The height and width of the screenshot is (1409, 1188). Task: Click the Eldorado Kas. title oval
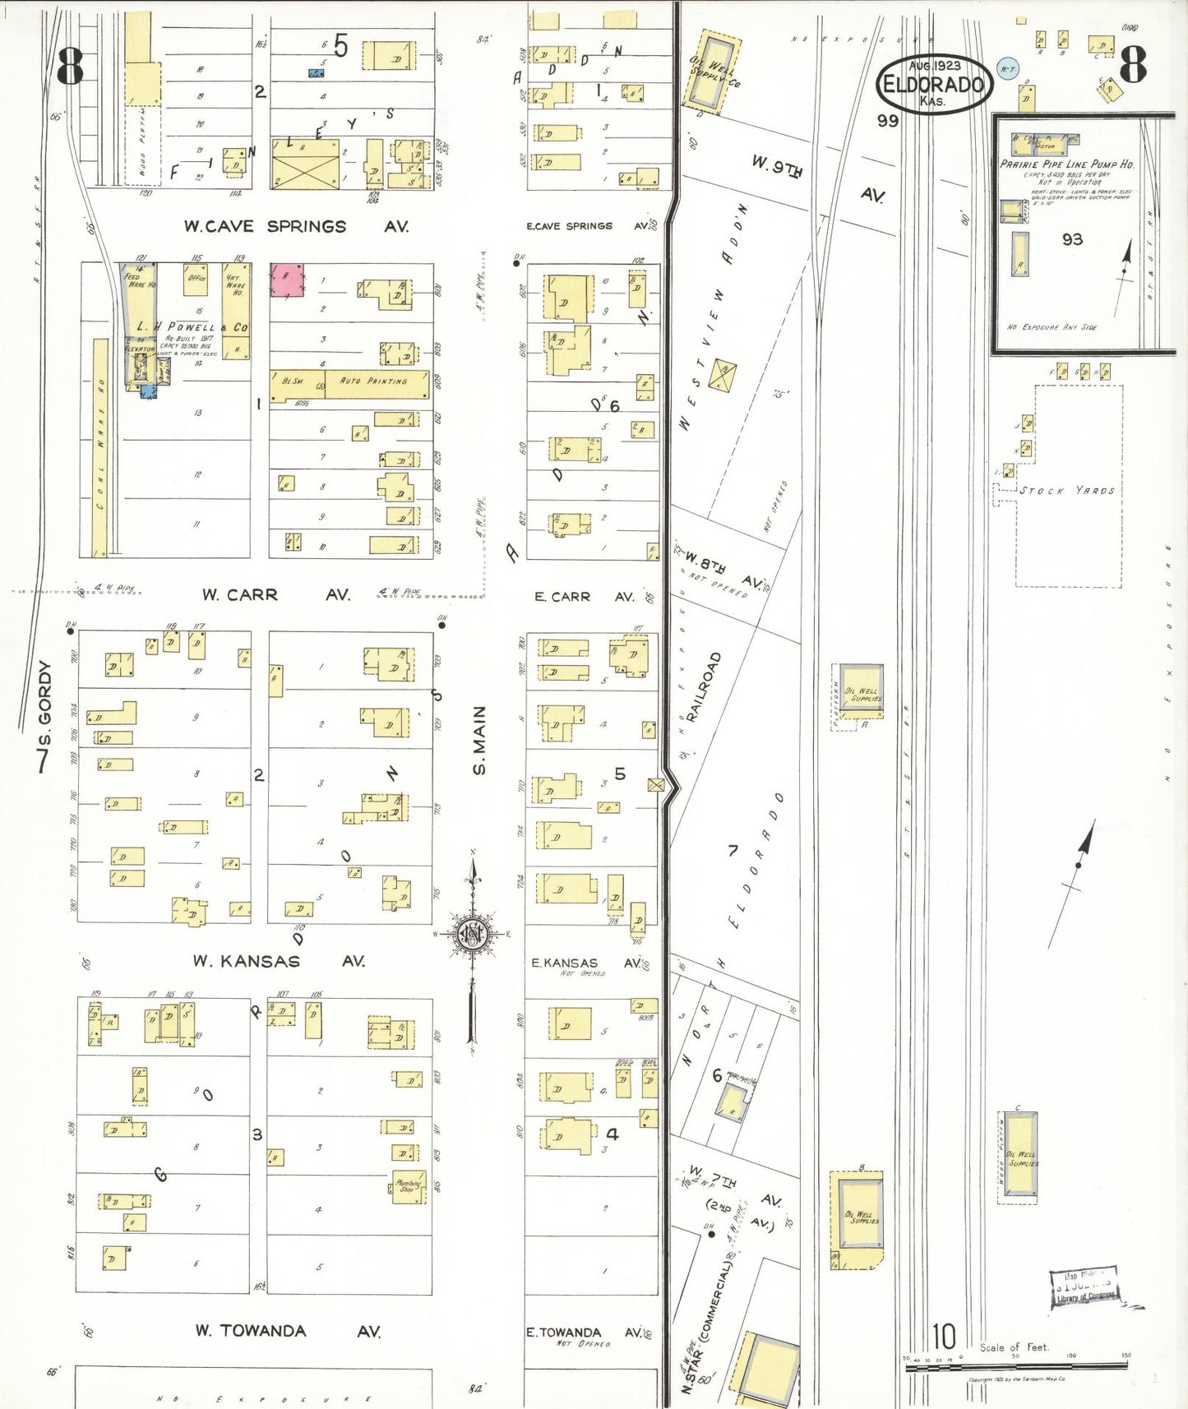click(933, 84)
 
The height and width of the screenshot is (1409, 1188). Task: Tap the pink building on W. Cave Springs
click(287, 280)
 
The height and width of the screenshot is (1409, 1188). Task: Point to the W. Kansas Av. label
click(279, 961)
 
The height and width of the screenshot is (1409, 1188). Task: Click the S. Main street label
click(479, 740)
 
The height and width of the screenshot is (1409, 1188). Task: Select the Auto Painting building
click(376, 382)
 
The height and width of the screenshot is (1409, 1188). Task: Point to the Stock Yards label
click(1067, 491)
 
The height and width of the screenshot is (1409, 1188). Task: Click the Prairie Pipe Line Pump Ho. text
click(1066, 164)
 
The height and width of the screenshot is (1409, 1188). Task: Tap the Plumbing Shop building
click(409, 1187)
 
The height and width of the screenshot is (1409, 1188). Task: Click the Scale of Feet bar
click(1015, 1367)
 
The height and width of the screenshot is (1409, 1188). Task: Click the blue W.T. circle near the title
click(1007, 70)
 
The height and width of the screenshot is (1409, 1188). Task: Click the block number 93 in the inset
click(1072, 239)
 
